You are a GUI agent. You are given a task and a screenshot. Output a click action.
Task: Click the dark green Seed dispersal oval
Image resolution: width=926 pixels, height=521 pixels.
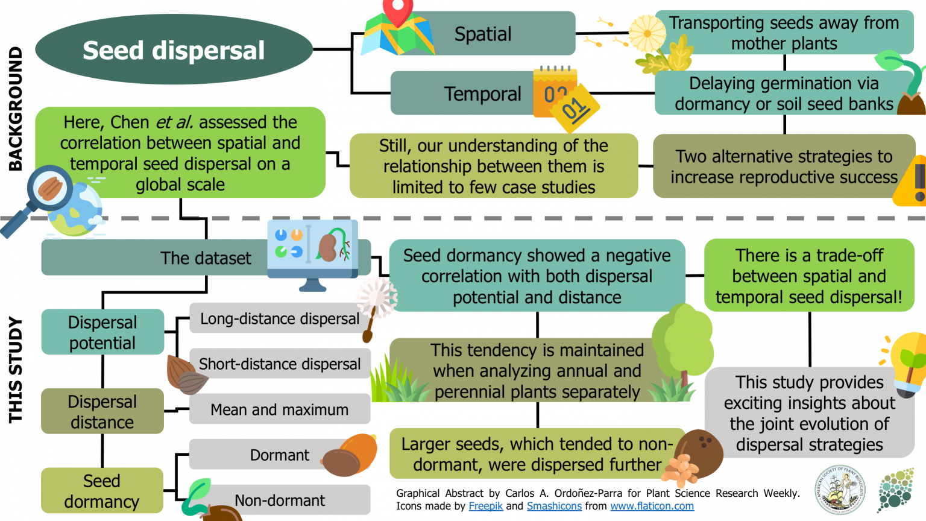coord(174,50)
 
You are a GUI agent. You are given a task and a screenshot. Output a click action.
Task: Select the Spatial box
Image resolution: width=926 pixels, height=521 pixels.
coord(482,34)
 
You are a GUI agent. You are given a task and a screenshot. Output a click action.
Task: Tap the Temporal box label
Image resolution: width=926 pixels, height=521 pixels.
coord(482,94)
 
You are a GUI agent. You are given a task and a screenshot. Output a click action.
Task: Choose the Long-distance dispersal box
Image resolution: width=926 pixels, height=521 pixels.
coord(280,318)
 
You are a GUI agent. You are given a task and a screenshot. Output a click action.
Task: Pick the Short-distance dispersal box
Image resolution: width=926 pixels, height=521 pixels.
coord(280,364)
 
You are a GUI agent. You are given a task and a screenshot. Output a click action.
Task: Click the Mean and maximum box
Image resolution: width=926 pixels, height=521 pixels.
coord(280,410)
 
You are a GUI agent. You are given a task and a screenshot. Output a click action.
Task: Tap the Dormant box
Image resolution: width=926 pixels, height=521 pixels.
coord(280,455)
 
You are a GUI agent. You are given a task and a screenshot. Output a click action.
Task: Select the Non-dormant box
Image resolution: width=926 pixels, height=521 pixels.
coord(280,500)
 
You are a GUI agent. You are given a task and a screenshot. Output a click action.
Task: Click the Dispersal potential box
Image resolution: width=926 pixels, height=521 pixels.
coord(102,332)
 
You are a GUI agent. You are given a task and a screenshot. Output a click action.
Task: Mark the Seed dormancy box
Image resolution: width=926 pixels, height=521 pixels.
coord(102,491)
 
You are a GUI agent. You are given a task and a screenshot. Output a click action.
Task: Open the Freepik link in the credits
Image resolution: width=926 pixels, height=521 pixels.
coord(485,506)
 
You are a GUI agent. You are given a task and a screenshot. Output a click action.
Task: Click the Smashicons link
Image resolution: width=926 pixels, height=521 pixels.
coord(554,506)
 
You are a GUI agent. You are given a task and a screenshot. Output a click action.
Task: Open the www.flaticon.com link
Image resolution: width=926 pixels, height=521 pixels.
coord(652,506)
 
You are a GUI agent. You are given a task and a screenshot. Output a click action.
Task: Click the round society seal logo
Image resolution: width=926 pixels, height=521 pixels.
coord(840,489)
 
